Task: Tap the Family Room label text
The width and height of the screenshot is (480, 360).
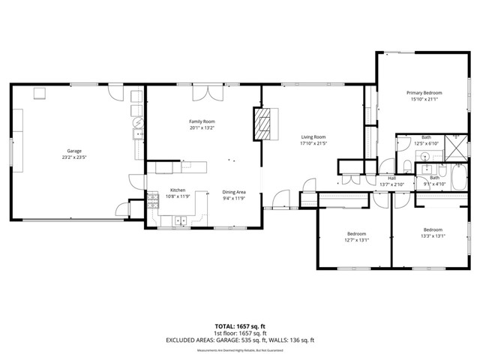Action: [x=202, y=121]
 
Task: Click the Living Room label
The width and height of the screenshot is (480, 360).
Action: [x=313, y=136]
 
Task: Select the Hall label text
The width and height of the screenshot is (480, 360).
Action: [x=391, y=178]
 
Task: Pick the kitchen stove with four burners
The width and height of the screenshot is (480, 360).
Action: [x=152, y=199]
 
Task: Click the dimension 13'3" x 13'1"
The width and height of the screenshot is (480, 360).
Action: [x=433, y=235]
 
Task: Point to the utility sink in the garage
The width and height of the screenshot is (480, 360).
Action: [x=138, y=135]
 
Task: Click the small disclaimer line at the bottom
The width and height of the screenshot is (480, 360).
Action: [x=240, y=350]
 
